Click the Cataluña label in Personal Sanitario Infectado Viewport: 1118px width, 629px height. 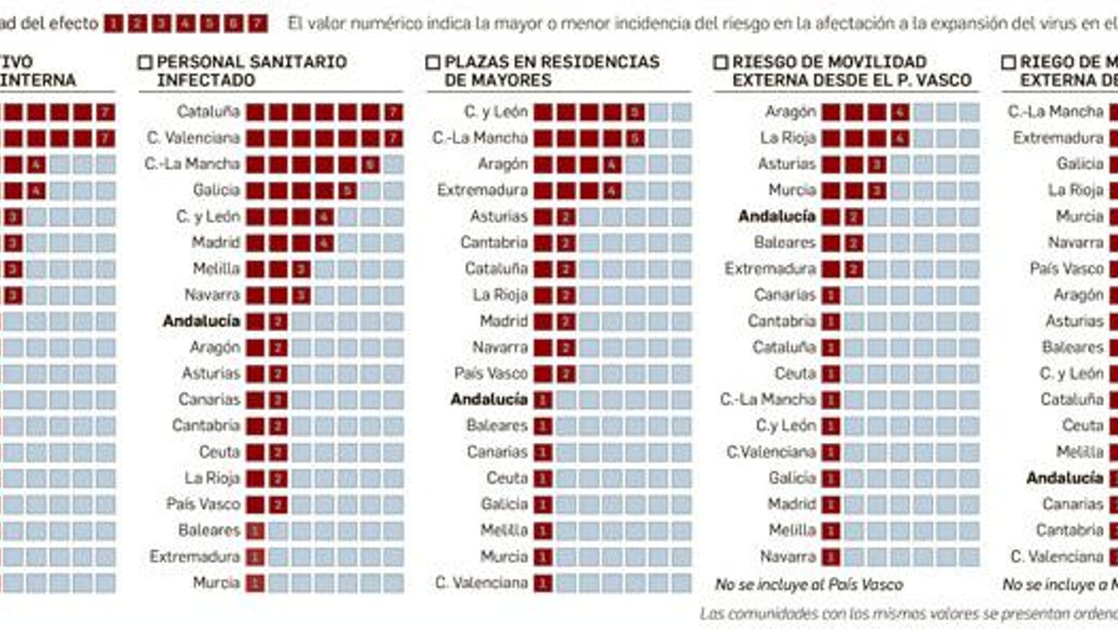208,112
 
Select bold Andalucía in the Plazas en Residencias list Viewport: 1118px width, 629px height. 488,400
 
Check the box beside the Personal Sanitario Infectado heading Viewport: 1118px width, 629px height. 145,63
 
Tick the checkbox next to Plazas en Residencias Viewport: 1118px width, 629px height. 433,63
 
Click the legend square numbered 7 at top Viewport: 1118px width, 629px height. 258,24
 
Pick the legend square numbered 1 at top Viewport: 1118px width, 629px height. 113,24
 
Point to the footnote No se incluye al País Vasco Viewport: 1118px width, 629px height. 808,584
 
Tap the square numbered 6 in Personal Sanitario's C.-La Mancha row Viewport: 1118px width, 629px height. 370,165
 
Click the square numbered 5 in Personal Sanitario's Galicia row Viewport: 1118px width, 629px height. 347,191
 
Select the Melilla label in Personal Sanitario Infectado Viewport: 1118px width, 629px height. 216,269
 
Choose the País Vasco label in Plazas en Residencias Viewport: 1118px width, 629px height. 491,373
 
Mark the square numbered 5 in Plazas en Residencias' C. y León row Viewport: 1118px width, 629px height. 634,113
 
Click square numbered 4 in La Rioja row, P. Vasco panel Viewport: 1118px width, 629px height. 899,138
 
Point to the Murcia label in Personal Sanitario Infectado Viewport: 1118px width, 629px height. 216,583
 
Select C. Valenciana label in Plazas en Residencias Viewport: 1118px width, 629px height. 481,583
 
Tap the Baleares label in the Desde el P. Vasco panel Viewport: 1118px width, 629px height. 785,243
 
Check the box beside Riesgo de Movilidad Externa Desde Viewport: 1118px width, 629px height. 720,63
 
